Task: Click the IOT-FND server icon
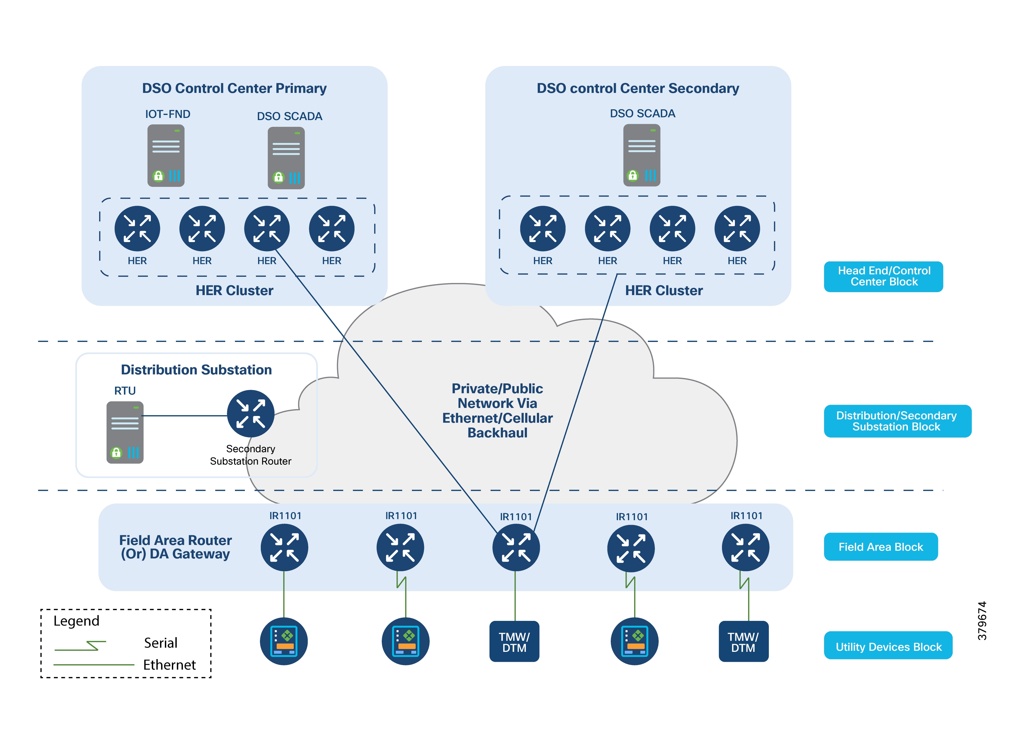pos(166,155)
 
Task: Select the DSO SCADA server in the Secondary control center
pos(641,155)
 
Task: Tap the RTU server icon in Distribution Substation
pos(125,432)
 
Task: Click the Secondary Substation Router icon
pos(251,413)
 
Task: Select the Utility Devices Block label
pos(888,647)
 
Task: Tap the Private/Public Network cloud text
pos(497,411)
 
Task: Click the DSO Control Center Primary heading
pos(234,88)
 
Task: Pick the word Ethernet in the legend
pos(169,665)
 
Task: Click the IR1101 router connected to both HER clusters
pos(516,548)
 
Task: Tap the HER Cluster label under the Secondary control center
pos(664,291)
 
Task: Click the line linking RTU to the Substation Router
pos(185,415)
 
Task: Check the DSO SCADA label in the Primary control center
pos(289,116)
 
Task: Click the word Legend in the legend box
pos(76,621)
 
